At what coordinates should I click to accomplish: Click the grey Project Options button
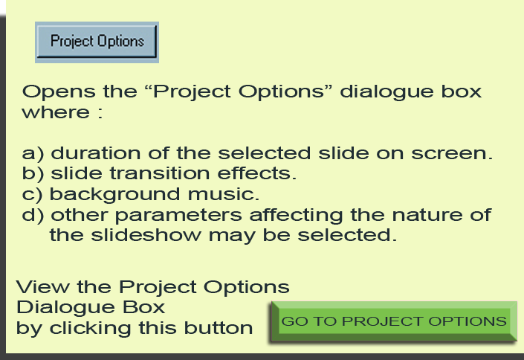(x=97, y=42)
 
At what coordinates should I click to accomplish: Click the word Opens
(x=59, y=92)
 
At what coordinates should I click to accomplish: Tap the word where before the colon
(x=56, y=112)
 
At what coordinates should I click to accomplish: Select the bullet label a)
(x=33, y=154)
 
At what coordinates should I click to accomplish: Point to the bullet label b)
(x=33, y=174)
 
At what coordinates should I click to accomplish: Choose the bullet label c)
(x=32, y=195)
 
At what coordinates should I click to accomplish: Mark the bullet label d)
(x=33, y=215)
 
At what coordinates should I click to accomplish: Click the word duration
(x=96, y=153)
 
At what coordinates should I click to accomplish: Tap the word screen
(x=451, y=154)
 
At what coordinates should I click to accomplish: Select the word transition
(x=160, y=173)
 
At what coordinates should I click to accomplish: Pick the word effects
(x=256, y=173)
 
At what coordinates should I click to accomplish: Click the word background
(x=114, y=195)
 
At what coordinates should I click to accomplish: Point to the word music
(x=223, y=194)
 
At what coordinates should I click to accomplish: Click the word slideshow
(x=146, y=235)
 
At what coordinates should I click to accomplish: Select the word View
(x=43, y=286)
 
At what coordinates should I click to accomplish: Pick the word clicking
(x=90, y=329)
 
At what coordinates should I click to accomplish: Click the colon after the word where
(x=100, y=113)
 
